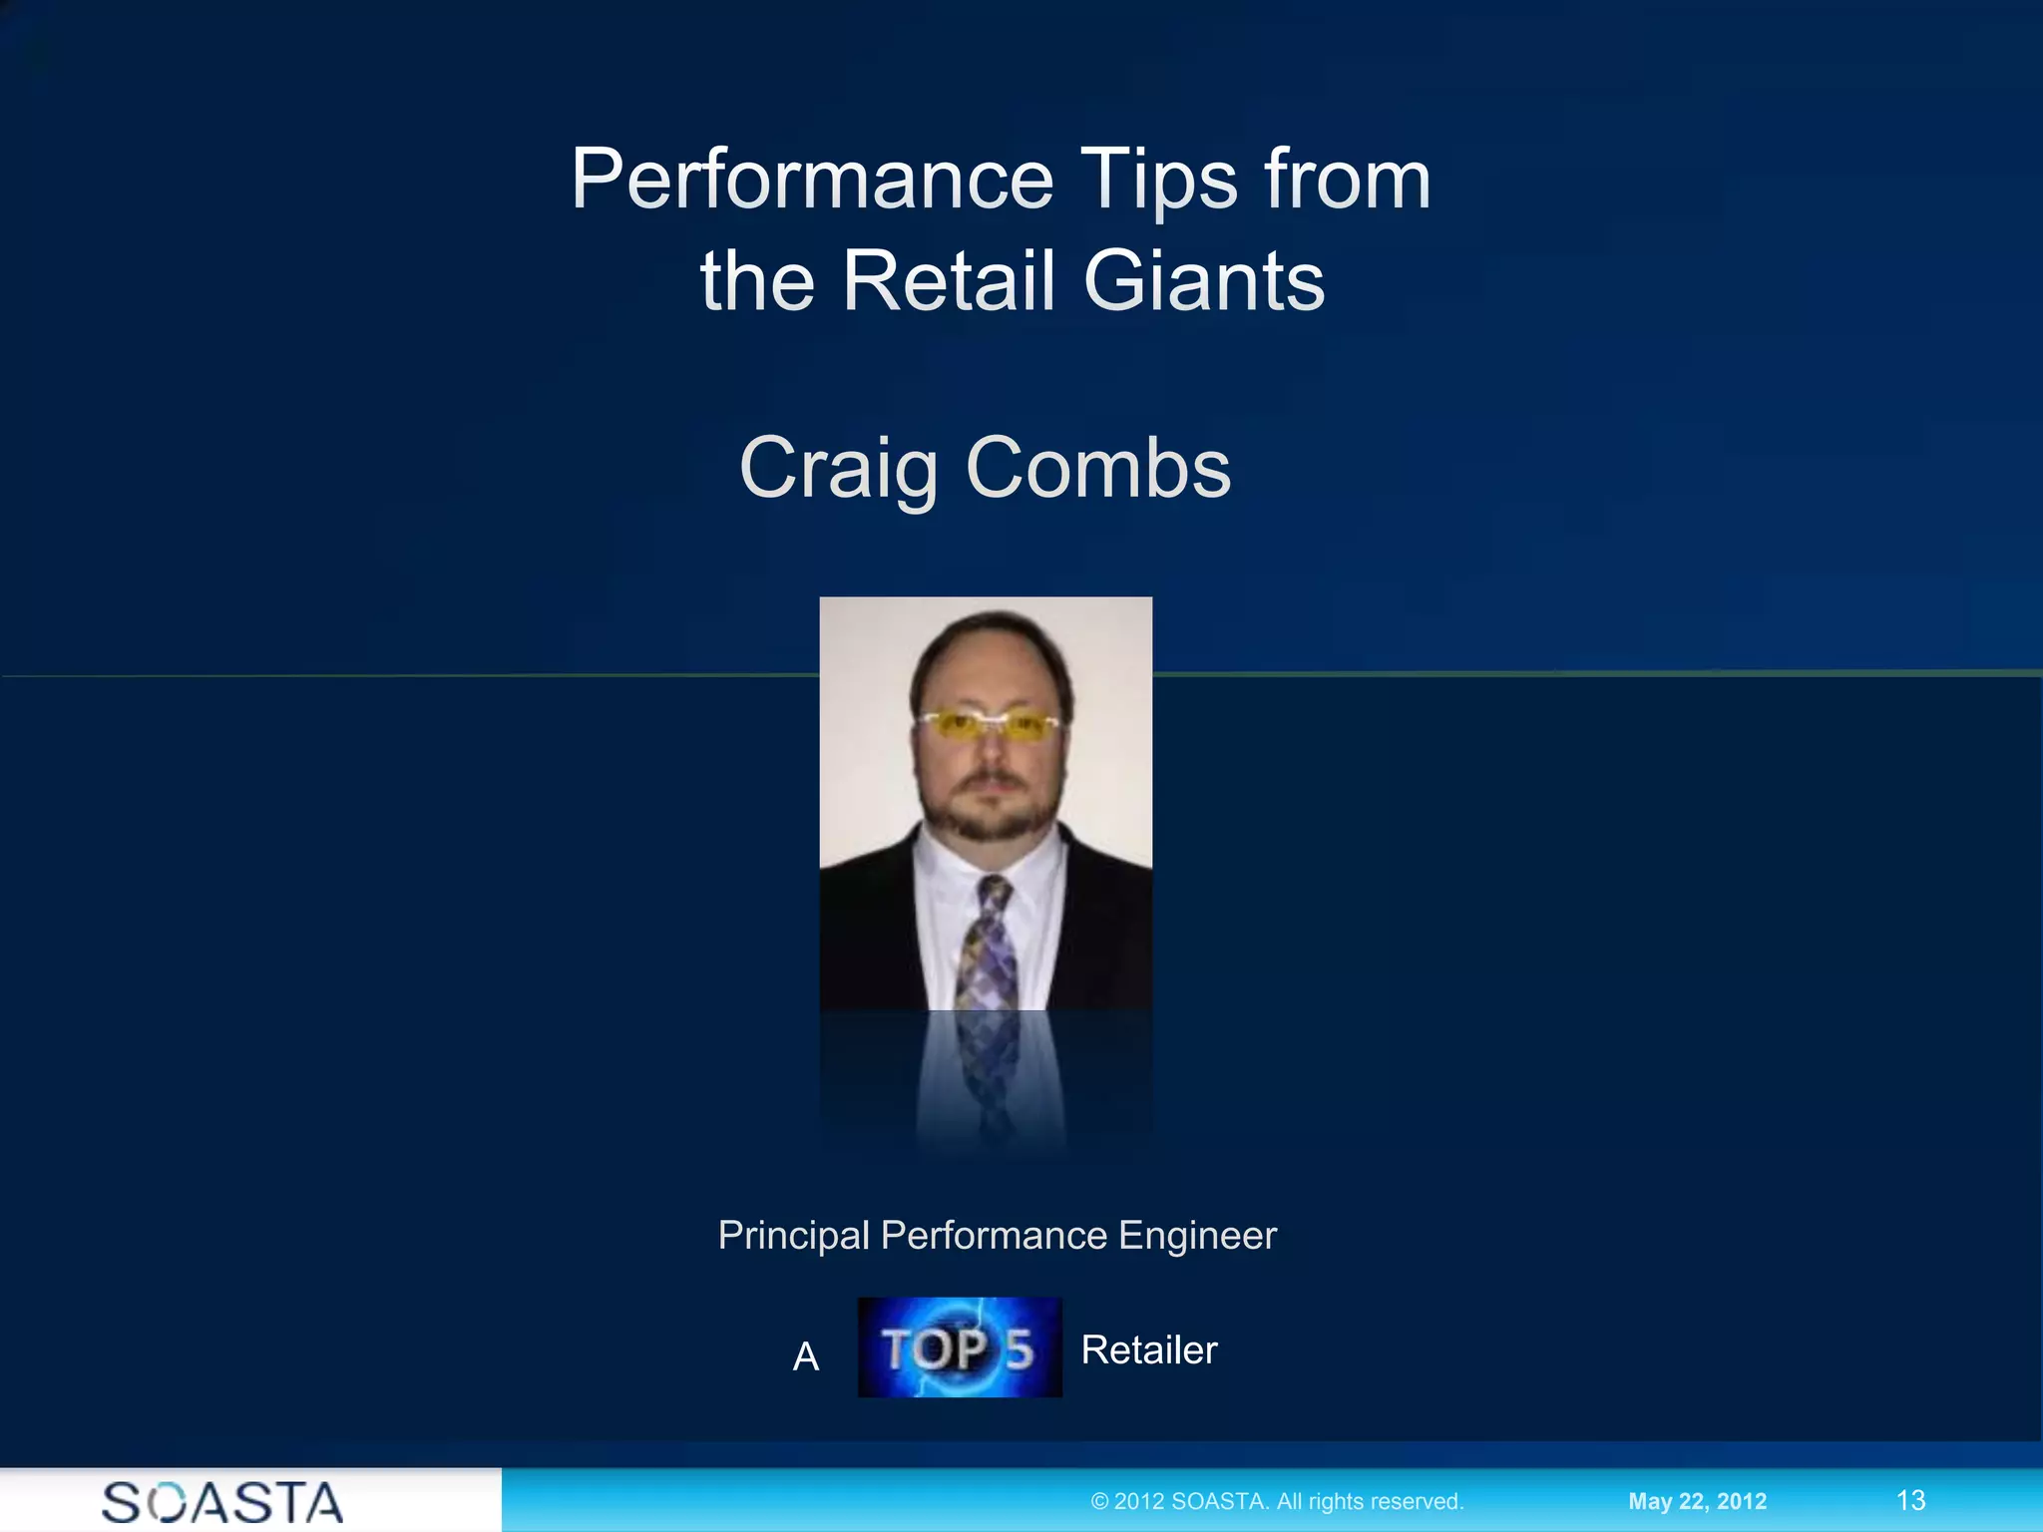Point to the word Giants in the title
click(x=1204, y=281)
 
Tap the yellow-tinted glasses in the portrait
click(x=987, y=724)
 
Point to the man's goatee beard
click(x=988, y=813)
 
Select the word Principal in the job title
click(x=794, y=1236)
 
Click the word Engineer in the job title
click(x=1197, y=1236)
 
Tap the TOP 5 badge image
click(x=960, y=1347)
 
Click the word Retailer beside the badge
click(x=1149, y=1350)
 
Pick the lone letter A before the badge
click(x=806, y=1356)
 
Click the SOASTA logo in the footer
click(x=222, y=1502)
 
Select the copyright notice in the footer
click(x=1277, y=1501)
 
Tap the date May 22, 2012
click(x=1697, y=1501)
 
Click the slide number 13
click(x=1910, y=1500)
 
